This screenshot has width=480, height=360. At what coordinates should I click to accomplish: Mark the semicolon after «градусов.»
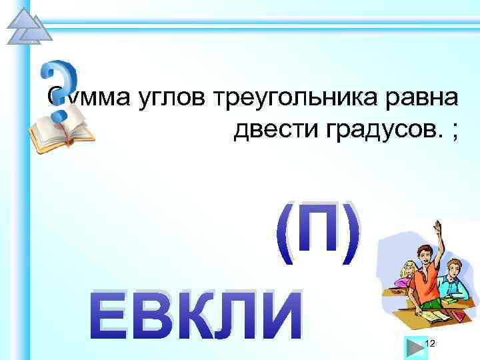click(x=455, y=133)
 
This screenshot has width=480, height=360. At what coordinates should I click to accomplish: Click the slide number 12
click(x=430, y=343)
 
